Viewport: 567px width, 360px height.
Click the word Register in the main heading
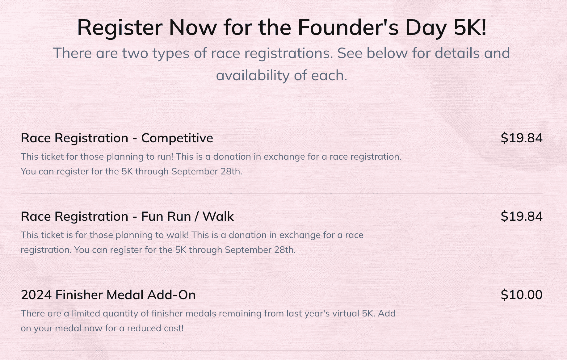click(120, 27)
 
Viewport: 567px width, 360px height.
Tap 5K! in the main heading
click(470, 27)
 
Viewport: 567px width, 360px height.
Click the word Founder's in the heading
click(348, 27)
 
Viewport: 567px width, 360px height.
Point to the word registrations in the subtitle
click(289, 53)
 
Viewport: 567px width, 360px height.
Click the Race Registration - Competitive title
click(117, 138)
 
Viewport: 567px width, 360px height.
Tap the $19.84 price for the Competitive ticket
click(522, 138)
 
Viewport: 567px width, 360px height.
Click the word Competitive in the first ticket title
click(177, 138)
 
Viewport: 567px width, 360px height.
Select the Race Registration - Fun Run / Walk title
click(127, 216)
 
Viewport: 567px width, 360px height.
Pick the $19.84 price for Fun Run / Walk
click(522, 216)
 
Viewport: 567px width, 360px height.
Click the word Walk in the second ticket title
click(218, 216)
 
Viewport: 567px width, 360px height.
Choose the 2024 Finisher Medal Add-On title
click(108, 295)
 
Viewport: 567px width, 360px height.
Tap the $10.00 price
click(522, 295)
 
